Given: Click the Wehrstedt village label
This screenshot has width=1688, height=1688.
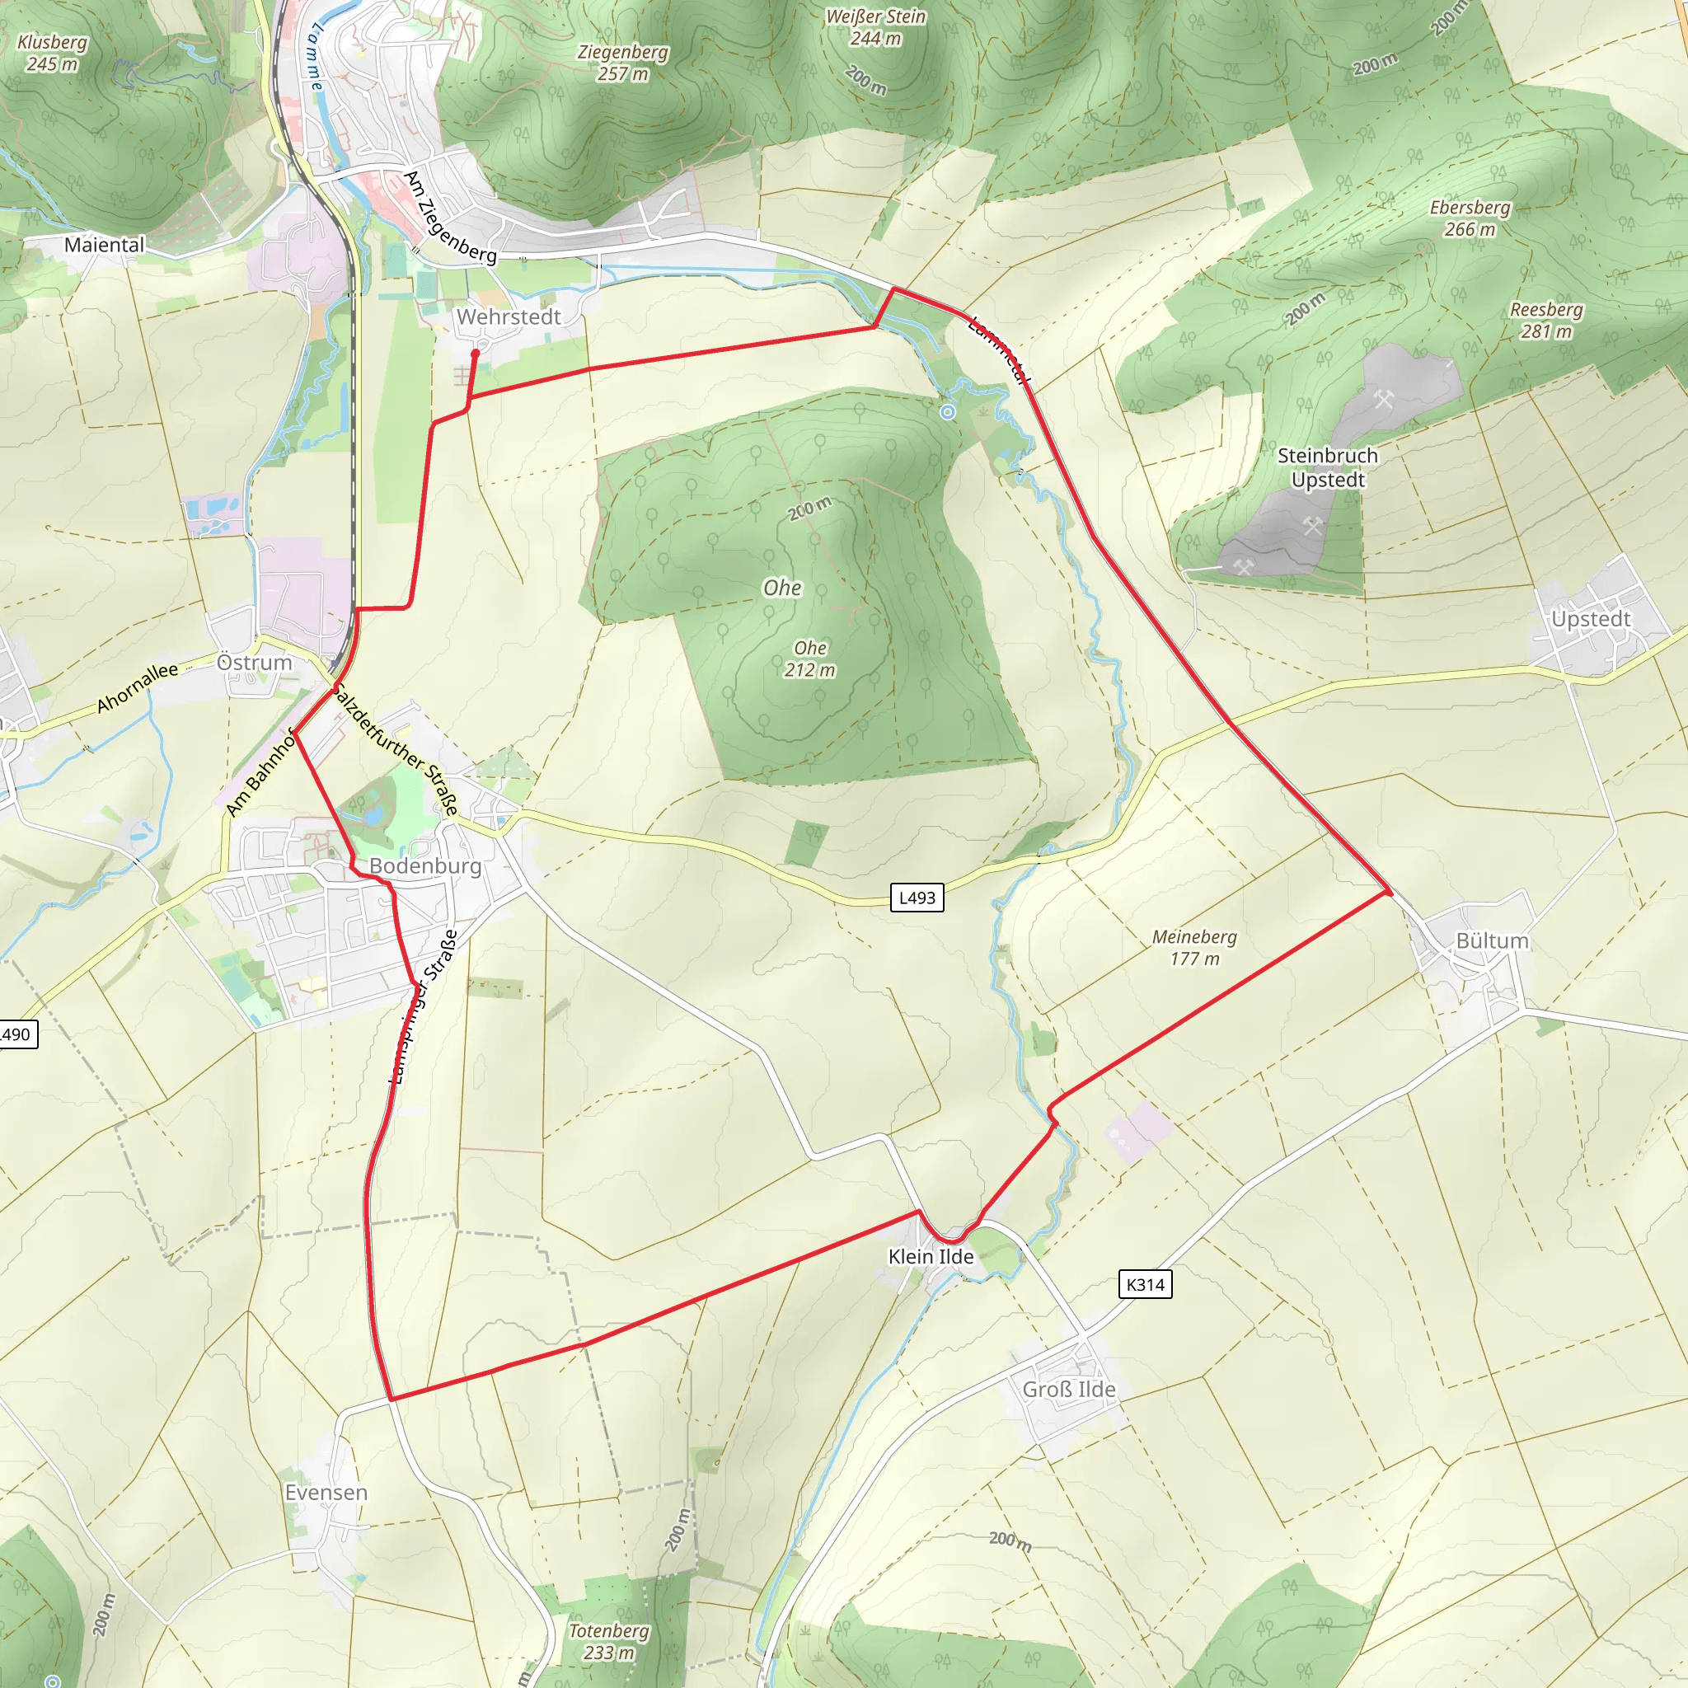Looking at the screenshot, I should [x=508, y=317].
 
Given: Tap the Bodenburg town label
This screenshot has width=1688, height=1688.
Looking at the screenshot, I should [x=424, y=866].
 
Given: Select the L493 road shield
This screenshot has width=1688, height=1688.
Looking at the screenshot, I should [x=917, y=898].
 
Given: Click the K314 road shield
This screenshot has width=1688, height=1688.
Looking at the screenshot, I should [x=1145, y=1284].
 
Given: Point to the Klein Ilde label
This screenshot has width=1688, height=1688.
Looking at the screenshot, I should [x=931, y=1256].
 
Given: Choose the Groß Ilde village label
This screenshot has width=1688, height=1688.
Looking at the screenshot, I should [x=1068, y=1389].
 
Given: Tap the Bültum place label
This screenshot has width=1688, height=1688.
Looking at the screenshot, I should [x=1491, y=941].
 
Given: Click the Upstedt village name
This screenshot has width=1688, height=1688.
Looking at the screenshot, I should [x=1590, y=620].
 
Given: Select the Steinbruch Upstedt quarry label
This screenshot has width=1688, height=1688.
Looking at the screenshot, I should [x=1327, y=467].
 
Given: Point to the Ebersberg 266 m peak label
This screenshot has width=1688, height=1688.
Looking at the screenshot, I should [x=1470, y=218].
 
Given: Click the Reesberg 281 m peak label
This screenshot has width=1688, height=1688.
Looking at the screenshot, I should [x=1545, y=321].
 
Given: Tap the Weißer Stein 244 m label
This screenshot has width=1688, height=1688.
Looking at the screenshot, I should [x=875, y=27].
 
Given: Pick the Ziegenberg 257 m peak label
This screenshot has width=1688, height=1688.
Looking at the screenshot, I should [x=622, y=63].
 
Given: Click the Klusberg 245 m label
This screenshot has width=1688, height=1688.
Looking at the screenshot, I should [x=52, y=53].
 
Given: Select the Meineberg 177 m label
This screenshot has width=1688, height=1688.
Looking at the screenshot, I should [x=1194, y=948].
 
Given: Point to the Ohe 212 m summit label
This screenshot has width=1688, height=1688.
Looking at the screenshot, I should [x=810, y=659].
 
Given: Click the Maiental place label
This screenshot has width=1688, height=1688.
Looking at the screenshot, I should [x=104, y=245].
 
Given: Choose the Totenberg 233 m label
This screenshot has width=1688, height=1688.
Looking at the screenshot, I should [x=609, y=1642].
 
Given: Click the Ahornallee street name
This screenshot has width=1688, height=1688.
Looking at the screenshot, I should [x=137, y=687].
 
